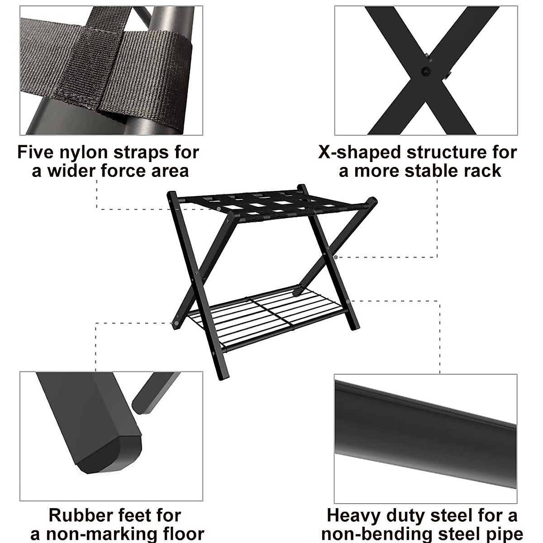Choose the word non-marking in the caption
pos(108,533)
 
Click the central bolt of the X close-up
pos(426,71)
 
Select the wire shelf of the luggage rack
pos(267,312)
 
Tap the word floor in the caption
pos(183,533)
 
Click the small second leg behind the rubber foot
pos(154,391)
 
